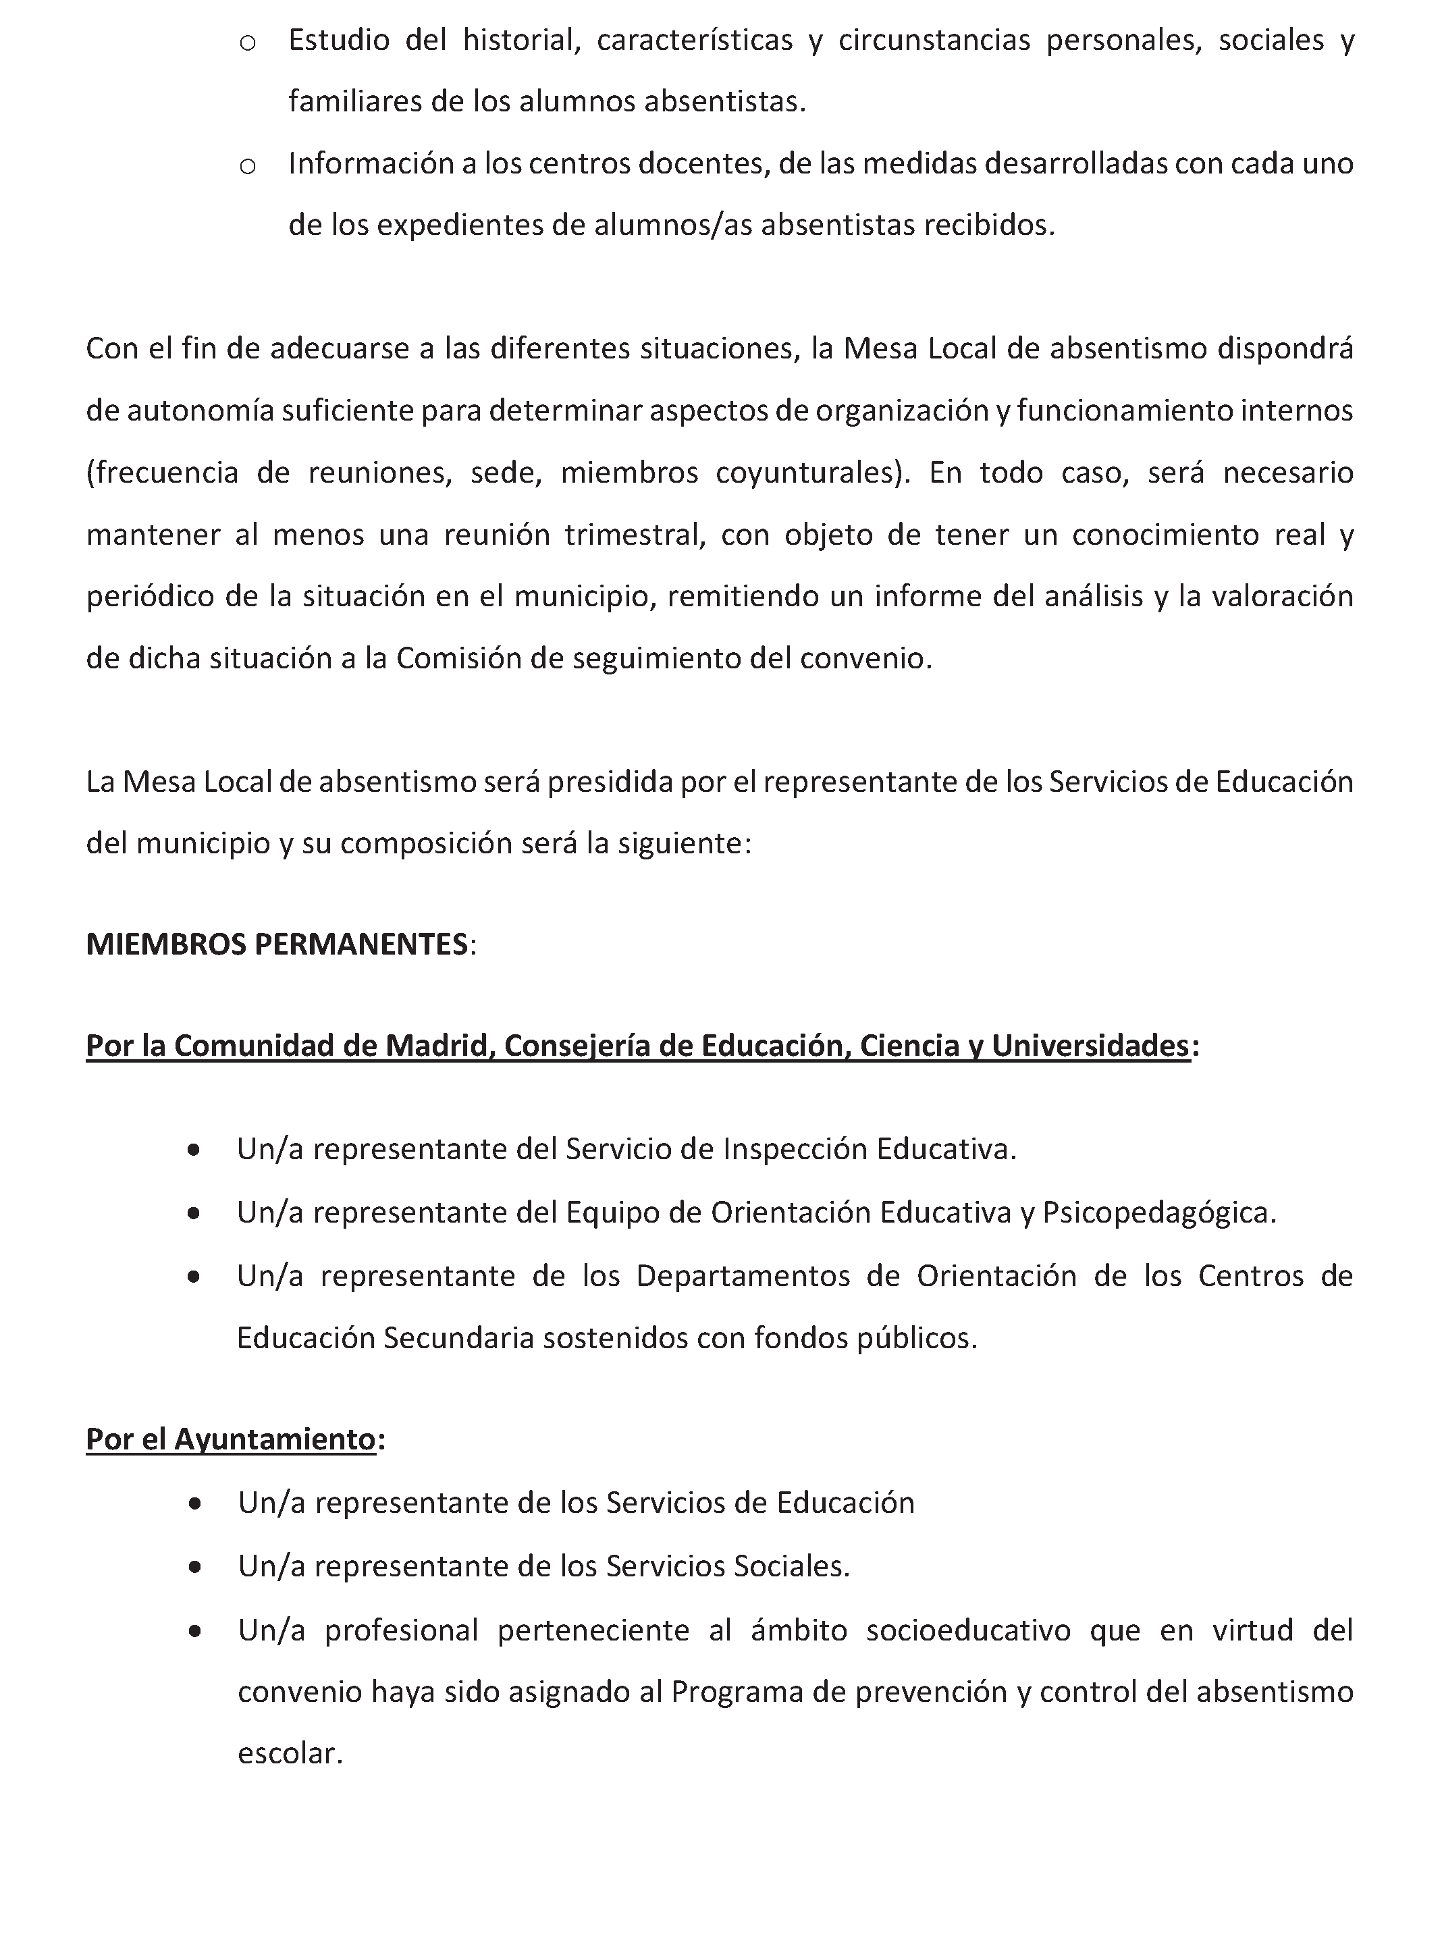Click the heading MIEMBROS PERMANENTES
[x=277, y=944]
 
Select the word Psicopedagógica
[x=1159, y=1212]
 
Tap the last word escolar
[x=290, y=1753]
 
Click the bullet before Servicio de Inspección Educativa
[x=194, y=1150]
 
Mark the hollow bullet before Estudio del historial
[x=247, y=43]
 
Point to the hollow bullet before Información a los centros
[x=247, y=166]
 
